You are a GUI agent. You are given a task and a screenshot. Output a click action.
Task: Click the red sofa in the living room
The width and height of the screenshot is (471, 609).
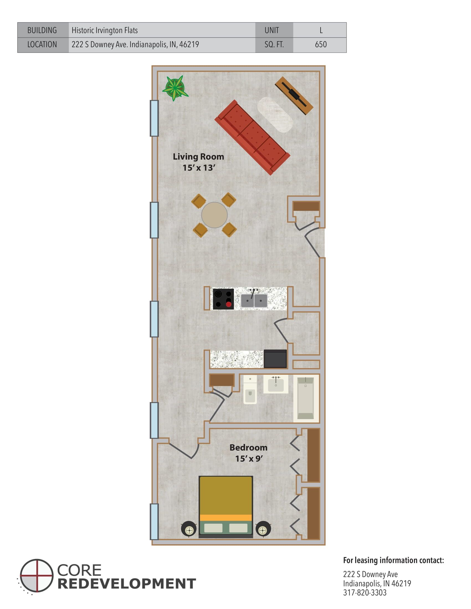pyautogui.click(x=252, y=138)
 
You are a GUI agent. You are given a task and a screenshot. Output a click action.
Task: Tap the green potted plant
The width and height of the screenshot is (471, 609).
pyautogui.click(x=175, y=88)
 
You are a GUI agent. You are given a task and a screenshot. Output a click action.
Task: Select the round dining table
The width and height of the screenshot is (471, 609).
pyautogui.click(x=214, y=215)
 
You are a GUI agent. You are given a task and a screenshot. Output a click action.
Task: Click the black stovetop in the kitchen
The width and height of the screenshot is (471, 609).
pyautogui.click(x=223, y=299)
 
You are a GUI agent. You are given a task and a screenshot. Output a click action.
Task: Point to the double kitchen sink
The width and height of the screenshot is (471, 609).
pyautogui.click(x=254, y=300)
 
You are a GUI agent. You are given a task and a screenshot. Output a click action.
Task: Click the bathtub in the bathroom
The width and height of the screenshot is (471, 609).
pyautogui.click(x=306, y=398)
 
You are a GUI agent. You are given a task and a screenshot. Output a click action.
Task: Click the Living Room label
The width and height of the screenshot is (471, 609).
pyautogui.click(x=198, y=157)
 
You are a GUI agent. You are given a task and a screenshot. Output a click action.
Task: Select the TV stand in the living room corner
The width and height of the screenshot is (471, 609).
pyautogui.click(x=294, y=96)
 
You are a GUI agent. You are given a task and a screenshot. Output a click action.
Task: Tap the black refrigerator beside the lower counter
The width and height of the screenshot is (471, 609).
pyautogui.click(x=275, y=359)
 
